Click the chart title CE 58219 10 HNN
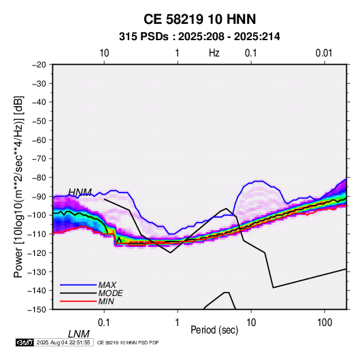coord(199,19)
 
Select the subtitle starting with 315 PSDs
coord(199,37)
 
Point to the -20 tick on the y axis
coord(39,65)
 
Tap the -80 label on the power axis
coord(39,178)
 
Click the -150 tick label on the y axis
coord(37,310)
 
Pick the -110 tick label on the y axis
coord(37,234)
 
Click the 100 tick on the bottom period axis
coord(325,323)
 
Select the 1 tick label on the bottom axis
coord(178,323)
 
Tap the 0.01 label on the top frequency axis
coord(324,53)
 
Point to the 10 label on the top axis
coord(104,53)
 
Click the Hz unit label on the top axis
coord(214,53)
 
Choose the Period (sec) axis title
coord(214,330)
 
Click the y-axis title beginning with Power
coord(18,186)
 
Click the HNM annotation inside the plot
coord(80,193)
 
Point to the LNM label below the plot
coord(79,334)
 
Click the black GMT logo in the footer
coord(25,342)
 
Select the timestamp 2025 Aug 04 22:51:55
coord(63,342)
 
